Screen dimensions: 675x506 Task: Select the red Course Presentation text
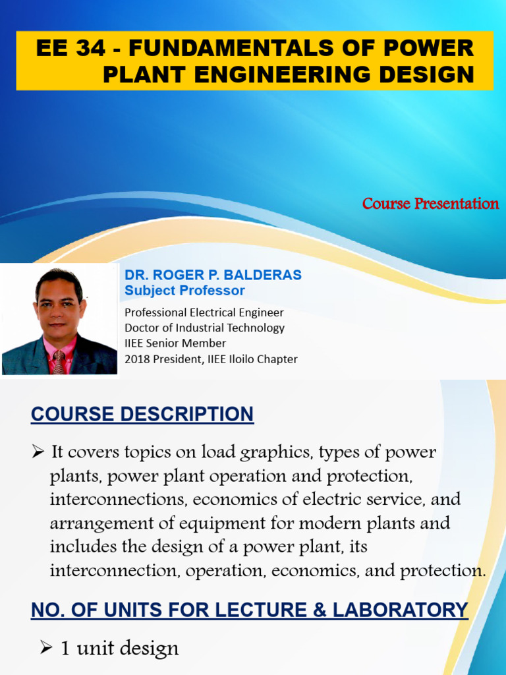(430, 203)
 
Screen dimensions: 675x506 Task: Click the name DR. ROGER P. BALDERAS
(213, 275)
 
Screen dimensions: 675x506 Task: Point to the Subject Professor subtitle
(184, 291)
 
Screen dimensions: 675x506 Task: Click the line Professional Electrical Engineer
(204, 312)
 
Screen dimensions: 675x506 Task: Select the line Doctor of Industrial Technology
(204, 328)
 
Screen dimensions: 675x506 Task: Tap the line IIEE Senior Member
(175, 343)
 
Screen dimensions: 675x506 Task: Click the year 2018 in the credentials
(136, 359)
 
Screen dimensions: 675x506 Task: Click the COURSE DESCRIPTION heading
(142, 414)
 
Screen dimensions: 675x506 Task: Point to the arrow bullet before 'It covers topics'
(37, 452)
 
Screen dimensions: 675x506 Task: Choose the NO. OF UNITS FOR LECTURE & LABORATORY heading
(249, 610)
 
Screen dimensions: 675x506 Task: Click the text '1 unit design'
(119, 648)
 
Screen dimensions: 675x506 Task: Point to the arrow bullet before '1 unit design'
(45, 648)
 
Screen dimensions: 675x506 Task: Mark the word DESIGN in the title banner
(432, 74)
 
